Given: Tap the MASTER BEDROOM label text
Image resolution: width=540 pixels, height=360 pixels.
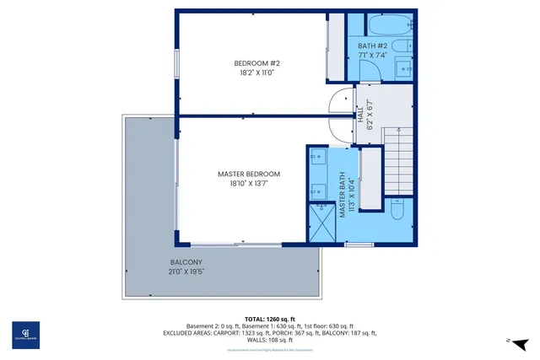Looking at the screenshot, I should pos(248,174).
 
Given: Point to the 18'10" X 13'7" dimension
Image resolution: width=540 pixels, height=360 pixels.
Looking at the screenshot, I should pos(248,184).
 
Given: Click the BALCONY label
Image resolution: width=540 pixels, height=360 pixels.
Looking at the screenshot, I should pos(185,262).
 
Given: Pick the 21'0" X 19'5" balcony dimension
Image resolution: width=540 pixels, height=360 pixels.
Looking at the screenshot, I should pos(185,272).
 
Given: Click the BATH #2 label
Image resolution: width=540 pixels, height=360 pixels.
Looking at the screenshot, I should pos(371,46).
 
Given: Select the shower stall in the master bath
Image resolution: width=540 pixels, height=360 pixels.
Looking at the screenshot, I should pos(321,223).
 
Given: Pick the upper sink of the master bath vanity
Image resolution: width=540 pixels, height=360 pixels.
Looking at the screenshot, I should pos(318,158).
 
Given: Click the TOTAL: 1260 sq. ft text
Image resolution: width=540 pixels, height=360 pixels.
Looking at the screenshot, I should pos(270,319).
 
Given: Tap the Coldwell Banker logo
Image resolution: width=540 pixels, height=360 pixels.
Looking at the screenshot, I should pos(24,335).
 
